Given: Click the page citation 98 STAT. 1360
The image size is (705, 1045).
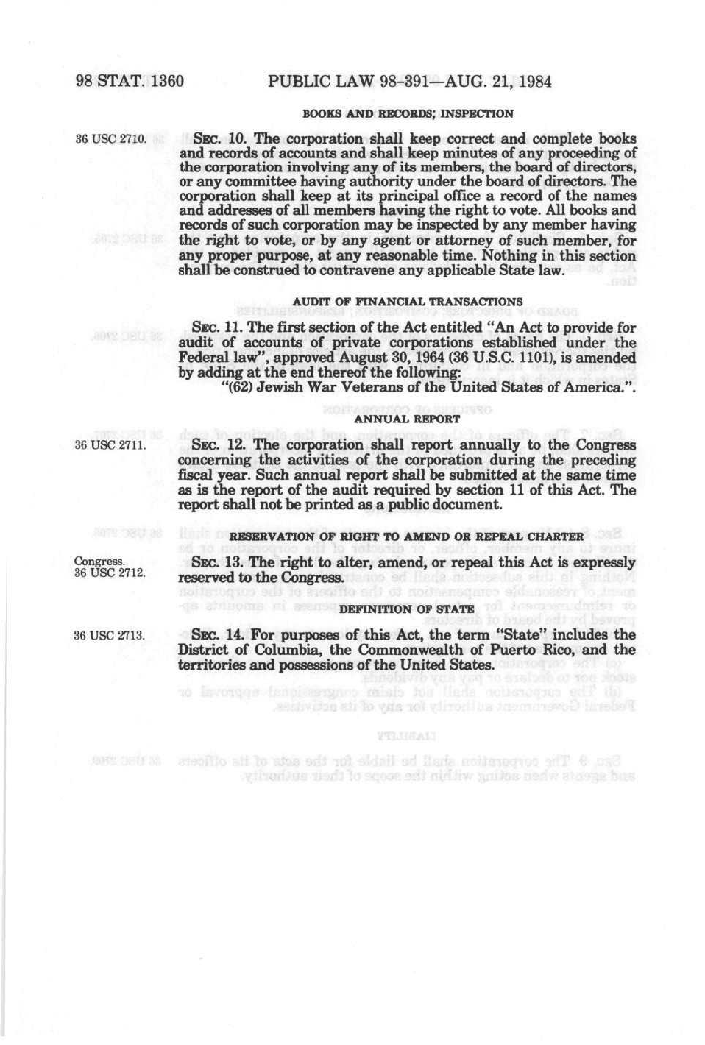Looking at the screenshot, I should (x=130, y=81).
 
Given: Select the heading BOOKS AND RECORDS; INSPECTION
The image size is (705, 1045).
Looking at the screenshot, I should (x=408, y=114).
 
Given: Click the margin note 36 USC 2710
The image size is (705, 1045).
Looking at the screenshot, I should (x=109, y=139).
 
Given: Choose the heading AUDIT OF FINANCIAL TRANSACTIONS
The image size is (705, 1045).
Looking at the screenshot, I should (x=408, y=302).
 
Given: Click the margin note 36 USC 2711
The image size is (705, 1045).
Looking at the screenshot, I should (x=109, y=445).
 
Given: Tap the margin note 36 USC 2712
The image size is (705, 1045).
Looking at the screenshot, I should (x=109, y=573).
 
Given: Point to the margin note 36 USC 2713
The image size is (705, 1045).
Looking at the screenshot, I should (x=109, y=635).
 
